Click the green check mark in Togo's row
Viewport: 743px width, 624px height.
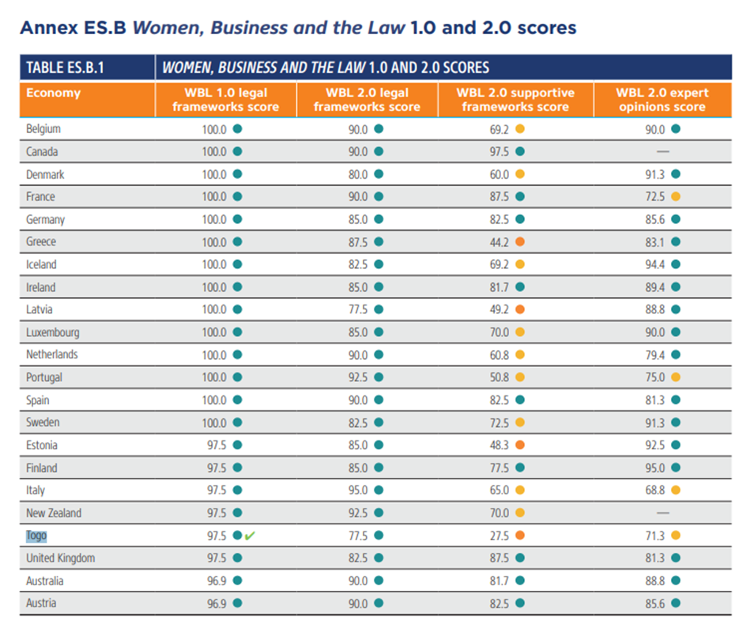point(250,535)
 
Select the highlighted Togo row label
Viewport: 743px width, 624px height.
point(36,535)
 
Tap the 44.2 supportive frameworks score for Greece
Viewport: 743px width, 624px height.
point(500,242)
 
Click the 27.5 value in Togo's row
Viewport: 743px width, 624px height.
point(500,535)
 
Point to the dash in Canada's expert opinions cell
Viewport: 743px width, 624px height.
point(662,151)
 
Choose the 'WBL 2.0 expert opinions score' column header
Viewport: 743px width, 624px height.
point(662,100)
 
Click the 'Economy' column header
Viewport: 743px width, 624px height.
point(53,93)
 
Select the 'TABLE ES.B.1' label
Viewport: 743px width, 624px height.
point(66,67)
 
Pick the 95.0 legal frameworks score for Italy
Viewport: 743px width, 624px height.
point(358,490)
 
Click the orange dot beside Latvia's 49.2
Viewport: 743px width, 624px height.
point(520,310)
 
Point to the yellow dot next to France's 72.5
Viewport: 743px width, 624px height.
point(675,196)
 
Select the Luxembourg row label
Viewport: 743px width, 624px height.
point(52,332)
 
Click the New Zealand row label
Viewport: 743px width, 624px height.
point(53,513)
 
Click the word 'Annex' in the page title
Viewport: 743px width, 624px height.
point(47,28)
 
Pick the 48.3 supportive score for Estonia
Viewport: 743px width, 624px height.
point(500,445)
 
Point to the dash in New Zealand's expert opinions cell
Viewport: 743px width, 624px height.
point(662,513)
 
